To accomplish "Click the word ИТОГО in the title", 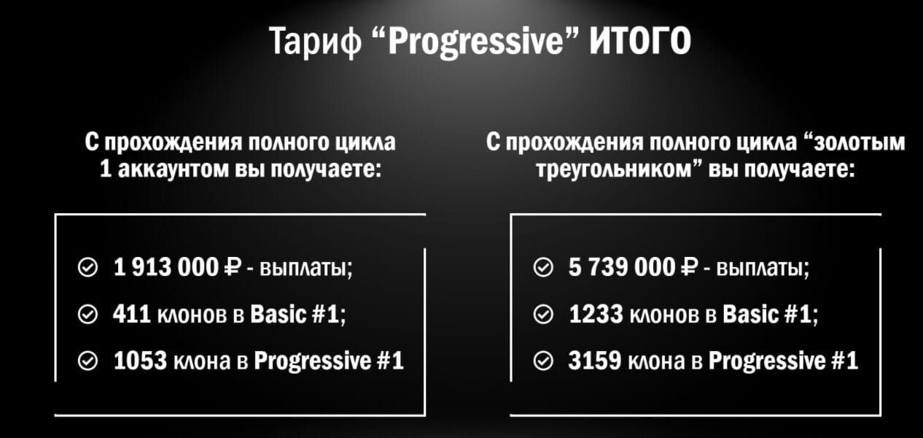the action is coord(640,41).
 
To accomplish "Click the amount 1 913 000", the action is coord(165,267).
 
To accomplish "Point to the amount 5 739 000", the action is coord(622,267).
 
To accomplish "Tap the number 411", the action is coord(131,314).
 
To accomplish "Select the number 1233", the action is coord(596,314).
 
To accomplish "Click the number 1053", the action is coord(140,361).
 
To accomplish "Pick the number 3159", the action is coord(595,361).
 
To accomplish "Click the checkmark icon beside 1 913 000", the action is coord(87,267).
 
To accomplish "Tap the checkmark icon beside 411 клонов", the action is coord(87,315).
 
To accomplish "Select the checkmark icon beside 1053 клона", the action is coord(87,361).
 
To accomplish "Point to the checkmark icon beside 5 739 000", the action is coord(543,267).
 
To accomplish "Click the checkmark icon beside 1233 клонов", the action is coord(543,315).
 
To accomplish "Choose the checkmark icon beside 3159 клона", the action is coord(543,361).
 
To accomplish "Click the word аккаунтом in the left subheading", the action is coord(173,169).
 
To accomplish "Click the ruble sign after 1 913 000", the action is coord(232,267).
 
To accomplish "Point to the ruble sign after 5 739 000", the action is coord(689,267).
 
